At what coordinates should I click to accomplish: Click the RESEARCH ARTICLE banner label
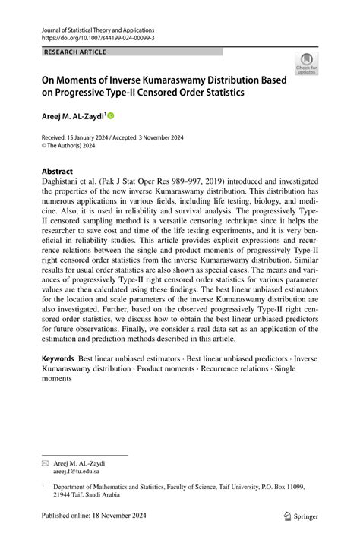tap(75, 52)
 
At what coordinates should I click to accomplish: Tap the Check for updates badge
tap(306, 63)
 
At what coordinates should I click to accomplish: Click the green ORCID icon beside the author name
tap(110, 116)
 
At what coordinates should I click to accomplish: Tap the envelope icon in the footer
tap(44, 462)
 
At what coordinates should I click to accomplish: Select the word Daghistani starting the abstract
tap(60, 183)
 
